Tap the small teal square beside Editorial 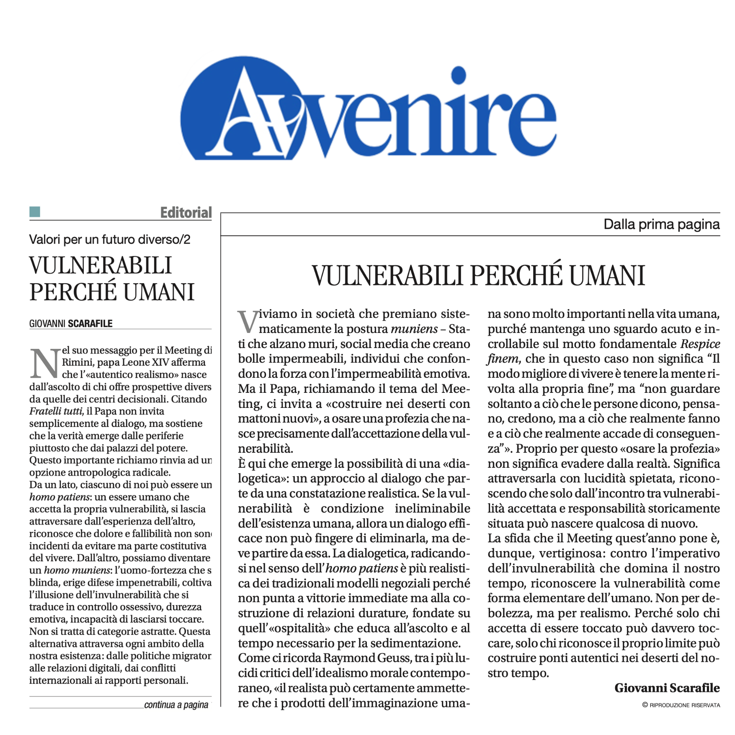(x=35, y=212)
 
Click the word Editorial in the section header (x=186, y=213)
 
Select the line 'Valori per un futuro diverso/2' (x=109, y=240)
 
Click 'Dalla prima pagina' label (x=661, y=224)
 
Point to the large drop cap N (x=44, y=363)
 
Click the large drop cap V (x=247, y=322)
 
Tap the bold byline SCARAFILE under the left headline (x=90, y=324)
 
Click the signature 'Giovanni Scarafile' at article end (x=667, y=688)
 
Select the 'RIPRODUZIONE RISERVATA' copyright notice (x=684, y=705)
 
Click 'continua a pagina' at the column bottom (x=176, y=705)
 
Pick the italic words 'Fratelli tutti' (x=56, y=411)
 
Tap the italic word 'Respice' (x=700, y=344)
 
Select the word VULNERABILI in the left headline (x=101, y=266)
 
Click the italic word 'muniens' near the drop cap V (x=414, y=329)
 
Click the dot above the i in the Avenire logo (x=459, y=75)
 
